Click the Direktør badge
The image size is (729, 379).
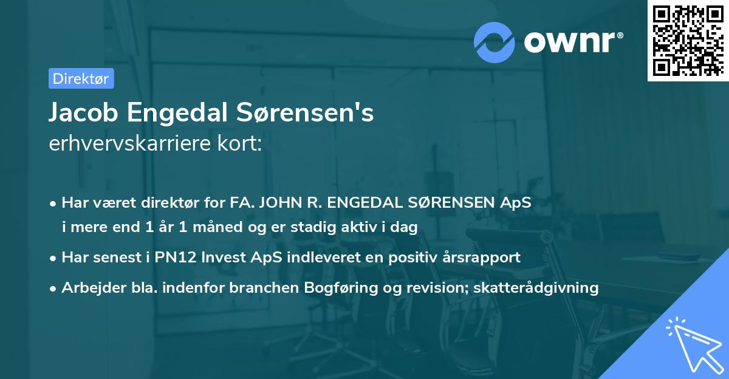81,78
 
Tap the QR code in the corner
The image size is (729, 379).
688,40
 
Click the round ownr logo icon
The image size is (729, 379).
495,42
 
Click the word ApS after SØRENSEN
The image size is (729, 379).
516,203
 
